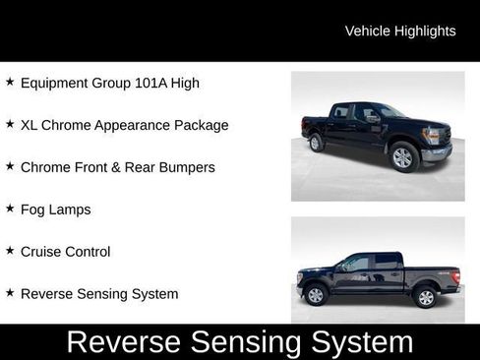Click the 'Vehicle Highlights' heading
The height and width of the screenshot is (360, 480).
(x=400, y=30)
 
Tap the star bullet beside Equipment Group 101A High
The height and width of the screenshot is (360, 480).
(x=10, y=83)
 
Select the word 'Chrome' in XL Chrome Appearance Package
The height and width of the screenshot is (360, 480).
(x=69, y=125)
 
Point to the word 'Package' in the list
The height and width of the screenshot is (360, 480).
(x=200, y=125)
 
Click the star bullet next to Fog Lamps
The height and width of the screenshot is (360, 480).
(x=10, y=210)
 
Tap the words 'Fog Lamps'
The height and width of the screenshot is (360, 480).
(x=55, y=210)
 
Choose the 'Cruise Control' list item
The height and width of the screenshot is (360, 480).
(x=65, y=252)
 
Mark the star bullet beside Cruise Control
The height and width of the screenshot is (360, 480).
(x=10, y=252)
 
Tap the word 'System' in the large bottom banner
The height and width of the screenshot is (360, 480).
(x=363, y=342)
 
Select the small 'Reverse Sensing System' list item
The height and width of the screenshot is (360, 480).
(x=99, y=294)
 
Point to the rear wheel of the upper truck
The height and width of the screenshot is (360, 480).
(x=317, y=143)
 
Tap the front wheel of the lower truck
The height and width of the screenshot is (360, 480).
(x=316, y=294)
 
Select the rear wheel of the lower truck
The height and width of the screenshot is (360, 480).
(x=426, y=295)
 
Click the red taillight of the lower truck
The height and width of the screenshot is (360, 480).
(x=456, y=274)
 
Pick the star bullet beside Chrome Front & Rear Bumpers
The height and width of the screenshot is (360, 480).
(x=10, y=167)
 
